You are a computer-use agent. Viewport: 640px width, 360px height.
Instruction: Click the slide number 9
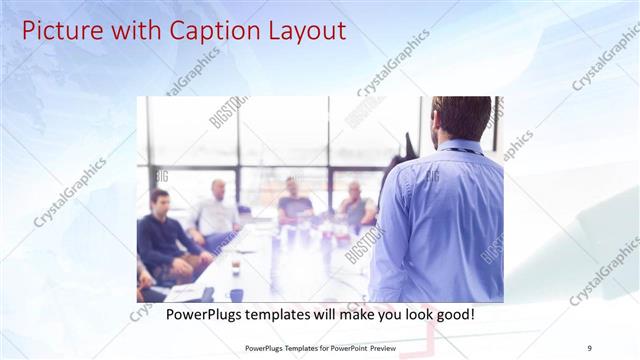590,348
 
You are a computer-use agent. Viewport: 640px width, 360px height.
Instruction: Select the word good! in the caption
454,315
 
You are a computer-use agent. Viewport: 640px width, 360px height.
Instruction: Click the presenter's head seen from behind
462,118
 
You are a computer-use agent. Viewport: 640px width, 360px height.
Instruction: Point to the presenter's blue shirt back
440,220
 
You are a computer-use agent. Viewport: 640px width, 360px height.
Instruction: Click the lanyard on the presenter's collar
460,151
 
